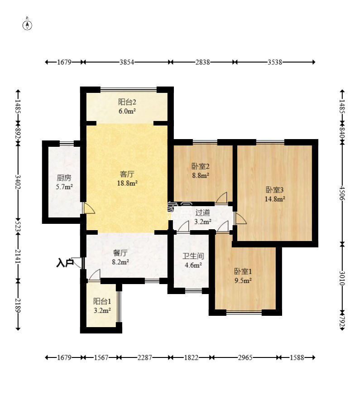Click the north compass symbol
(27, 24)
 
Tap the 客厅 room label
(127, 174)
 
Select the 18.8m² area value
(127, 183)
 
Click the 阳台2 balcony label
(127, 102)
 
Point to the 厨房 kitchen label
(64, 178)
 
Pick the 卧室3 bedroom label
(274, 190)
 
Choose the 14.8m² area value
(274, 199)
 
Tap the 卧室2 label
(201, 166)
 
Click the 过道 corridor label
(202, 212)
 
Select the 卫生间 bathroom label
(193, 256)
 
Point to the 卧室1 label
(243, 271)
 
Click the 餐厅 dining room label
(120, 253)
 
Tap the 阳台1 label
(102, 301)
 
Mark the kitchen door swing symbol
(89, 208)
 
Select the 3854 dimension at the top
(127, 62)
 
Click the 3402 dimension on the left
(18, 182)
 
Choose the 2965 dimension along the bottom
(245, 357)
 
